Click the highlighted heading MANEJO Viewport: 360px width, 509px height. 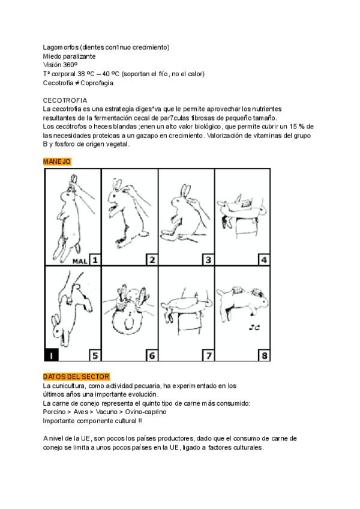pos(58,161)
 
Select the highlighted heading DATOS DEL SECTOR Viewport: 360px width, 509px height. pos(76,376)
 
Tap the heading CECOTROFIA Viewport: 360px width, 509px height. pos(65,100)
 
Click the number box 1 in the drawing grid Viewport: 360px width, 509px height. pos(95,260)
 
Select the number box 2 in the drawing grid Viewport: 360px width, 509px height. pos(152,260)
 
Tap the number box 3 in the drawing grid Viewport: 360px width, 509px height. pos(208,260)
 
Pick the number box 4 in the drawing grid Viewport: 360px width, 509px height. pos(264,260)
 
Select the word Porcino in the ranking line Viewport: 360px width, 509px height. pos(55,412)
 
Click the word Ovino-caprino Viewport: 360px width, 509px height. pos(146,412)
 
